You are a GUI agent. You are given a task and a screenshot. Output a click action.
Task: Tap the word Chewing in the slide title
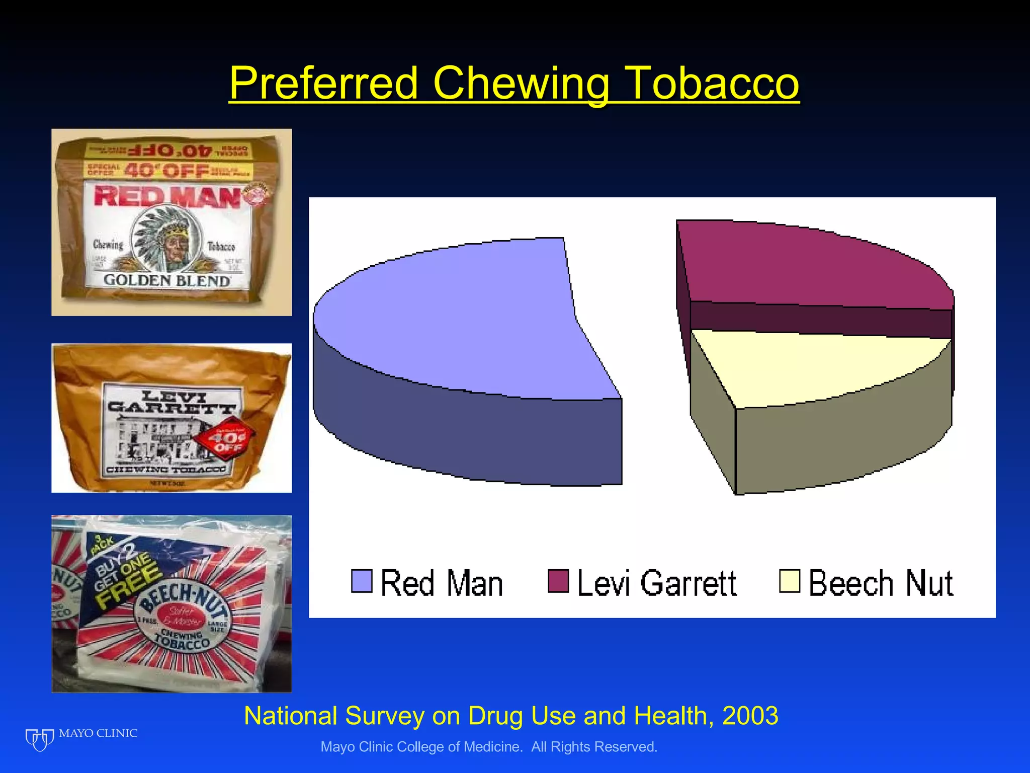521,84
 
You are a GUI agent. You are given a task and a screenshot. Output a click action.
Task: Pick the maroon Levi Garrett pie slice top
815,267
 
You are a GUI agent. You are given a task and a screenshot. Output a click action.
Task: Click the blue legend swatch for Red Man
362,581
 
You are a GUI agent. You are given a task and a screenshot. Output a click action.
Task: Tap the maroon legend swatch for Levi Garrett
558,581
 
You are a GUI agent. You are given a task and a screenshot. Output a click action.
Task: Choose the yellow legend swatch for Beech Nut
789,581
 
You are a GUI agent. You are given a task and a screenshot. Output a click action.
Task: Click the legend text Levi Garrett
657,583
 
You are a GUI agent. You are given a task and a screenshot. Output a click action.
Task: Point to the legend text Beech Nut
881,583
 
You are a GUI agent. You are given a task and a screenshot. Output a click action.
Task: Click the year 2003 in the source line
750,716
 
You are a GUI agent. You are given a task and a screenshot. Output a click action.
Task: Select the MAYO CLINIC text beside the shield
98,733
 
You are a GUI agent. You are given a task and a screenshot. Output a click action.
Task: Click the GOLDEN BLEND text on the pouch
167,280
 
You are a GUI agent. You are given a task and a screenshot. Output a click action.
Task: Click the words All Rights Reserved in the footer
594,747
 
